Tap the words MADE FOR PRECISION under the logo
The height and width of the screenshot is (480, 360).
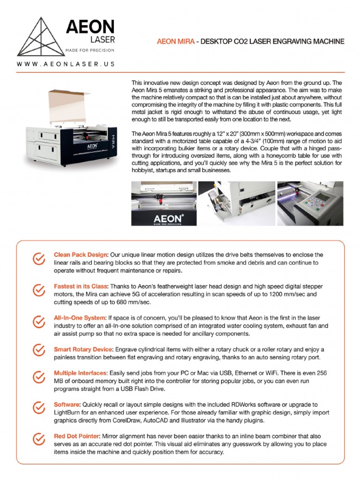click(x=90, y=50)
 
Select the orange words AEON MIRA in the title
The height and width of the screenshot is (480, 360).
click(x=174, y=42)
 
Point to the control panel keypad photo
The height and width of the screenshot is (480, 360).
click(x=310, y=203)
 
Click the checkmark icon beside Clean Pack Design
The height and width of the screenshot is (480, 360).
click(x=38, y=259)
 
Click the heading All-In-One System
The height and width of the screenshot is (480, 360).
click(x=79, y=318)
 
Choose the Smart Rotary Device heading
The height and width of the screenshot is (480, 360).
click(x=83, y=350)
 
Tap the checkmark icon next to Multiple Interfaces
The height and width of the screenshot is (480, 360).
click(x=38, y=377)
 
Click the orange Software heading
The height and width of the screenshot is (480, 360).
click(x=67, y=404)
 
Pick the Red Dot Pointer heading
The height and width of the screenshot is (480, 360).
click(x=76, y=436)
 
